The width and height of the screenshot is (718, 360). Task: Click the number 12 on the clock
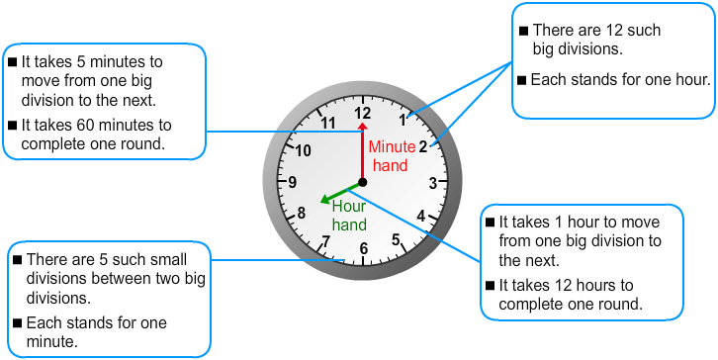[363, 113]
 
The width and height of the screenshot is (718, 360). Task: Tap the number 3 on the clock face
[433, 182]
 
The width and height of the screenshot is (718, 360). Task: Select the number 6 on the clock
[364, 249]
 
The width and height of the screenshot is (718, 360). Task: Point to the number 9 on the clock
[293, 182]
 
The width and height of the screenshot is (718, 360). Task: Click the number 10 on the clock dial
[304, 150]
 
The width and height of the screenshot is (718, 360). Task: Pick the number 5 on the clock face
[397, 239]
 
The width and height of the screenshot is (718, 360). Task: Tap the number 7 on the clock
[325, 241]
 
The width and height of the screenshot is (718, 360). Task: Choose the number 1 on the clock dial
[403, 121]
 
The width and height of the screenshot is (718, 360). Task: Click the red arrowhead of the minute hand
[363, 128]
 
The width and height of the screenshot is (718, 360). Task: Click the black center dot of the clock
[363, 182]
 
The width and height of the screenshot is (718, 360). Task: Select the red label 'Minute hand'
[392, 156]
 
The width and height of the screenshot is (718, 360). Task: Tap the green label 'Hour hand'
[349, 216]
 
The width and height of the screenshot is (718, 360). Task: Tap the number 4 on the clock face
[421, 216]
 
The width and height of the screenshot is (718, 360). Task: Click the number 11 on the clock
[329, 124]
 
